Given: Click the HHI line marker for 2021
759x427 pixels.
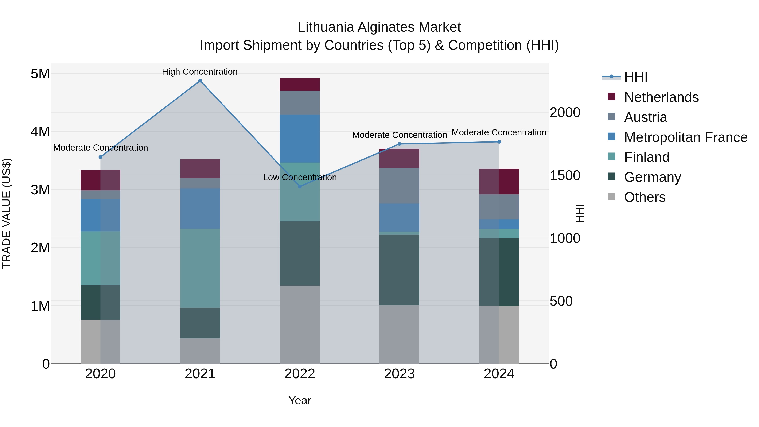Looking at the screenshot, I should pyautogui.click(x=200, y=81).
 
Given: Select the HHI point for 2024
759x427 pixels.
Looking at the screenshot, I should pyautogui.click(x=499, y=142).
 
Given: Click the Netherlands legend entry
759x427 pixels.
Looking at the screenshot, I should pyautogui.click(x=661, y=97).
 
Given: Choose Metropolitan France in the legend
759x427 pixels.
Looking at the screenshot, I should pyautogui.click(x=685, y=137).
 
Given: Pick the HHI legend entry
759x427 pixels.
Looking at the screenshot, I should pyautogui.click(x=635, y=77).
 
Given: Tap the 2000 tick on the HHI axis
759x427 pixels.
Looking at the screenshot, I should pyautogui.click(x=565, y=113).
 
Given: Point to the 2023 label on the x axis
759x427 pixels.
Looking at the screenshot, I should pyautogui.click(x=399, y=374).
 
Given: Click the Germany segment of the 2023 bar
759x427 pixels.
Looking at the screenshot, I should pyautogui.click(x=399, y=270).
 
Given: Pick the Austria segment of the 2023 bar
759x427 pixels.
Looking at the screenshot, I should pyautogui.click(x=399, y=186).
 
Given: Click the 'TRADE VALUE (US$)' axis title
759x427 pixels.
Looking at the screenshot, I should pyautogui.click(x=7, y=213).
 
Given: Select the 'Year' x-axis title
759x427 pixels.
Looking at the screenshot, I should pyautogui.click(x=300, y=400).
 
